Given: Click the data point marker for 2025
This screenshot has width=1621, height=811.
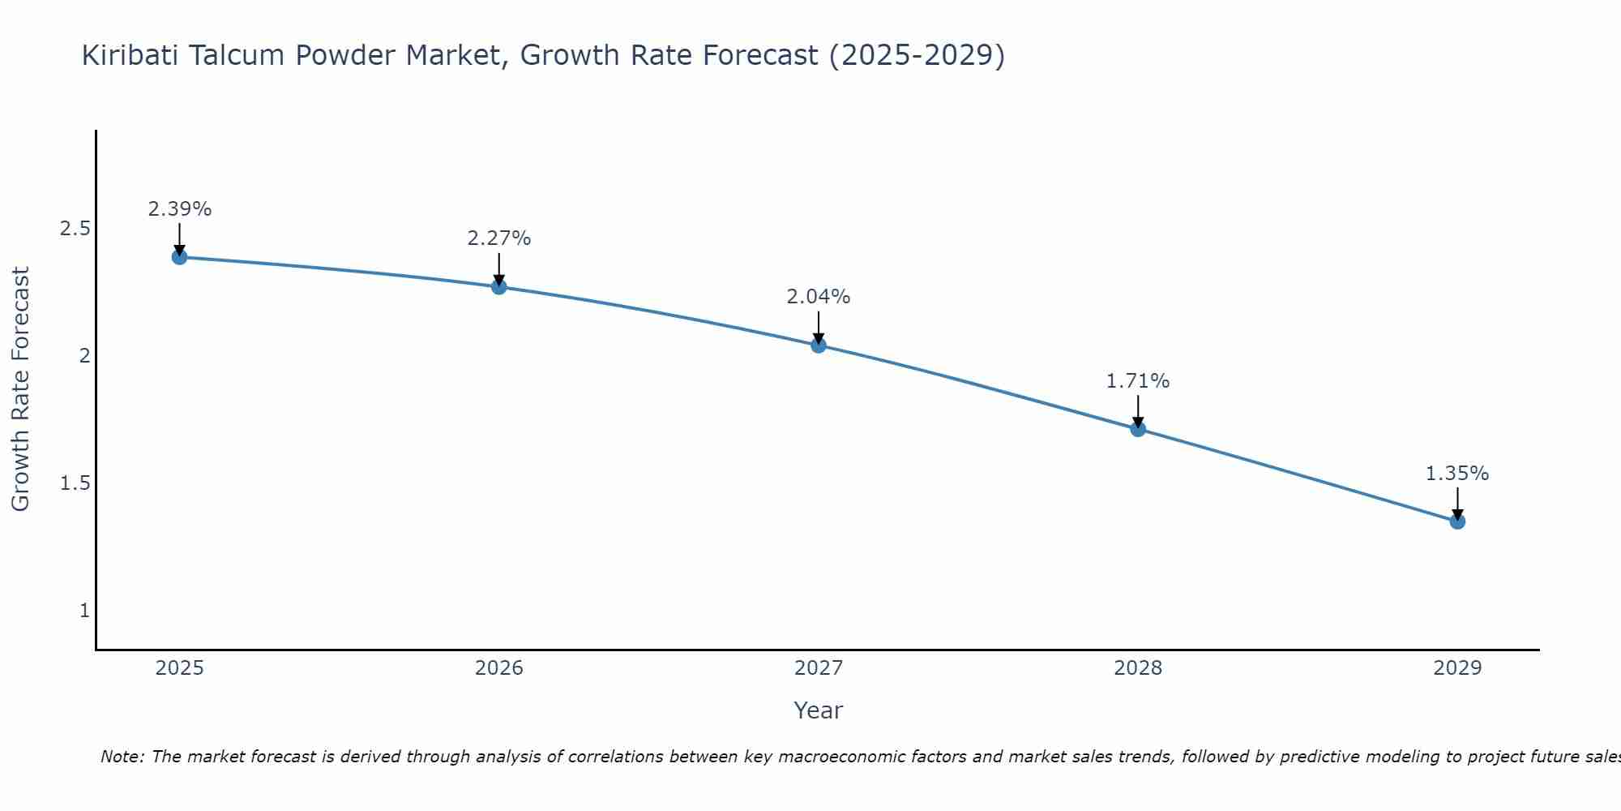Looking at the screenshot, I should click(x=179, y=257).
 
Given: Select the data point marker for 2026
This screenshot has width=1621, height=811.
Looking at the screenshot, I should click(x=498, y=286).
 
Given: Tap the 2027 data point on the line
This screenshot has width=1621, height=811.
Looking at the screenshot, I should click(x=819, y=345).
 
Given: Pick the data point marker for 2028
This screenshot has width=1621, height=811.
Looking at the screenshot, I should click(x=1138, y=428).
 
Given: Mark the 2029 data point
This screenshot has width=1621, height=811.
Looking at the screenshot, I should click(x=1457, y=521).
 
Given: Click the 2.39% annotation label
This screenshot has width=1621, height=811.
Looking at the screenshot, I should click(x=179, y=209).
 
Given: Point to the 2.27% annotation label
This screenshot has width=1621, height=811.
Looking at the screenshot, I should click(x=498, y=238).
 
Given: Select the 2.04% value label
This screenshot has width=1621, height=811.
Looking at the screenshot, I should click(x=819, y=297).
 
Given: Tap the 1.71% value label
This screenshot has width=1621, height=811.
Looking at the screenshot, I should click(x=1138, y=381).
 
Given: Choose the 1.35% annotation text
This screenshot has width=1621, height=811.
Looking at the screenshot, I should click(x=1457, y=474).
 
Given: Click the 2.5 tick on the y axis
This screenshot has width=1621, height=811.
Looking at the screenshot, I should click(x=75, y=229).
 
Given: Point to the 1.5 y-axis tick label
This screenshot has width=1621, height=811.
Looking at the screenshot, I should click(x=75, y=483).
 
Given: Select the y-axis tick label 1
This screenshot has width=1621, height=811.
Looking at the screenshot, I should click(x=84, y=611).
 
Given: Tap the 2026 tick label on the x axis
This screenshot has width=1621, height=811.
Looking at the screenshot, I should click(x=498, y=668).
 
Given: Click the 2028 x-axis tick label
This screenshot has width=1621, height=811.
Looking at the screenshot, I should click(x=1138, y=668).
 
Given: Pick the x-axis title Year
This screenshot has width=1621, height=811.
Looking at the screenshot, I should click(x=819, y=710).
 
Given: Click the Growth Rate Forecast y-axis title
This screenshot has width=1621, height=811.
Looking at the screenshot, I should click(x=20, y=389).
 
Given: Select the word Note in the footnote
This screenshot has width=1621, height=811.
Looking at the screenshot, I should click(x=122, y=757).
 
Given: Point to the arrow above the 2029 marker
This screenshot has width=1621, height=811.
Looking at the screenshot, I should click(x=1457, y=503).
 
